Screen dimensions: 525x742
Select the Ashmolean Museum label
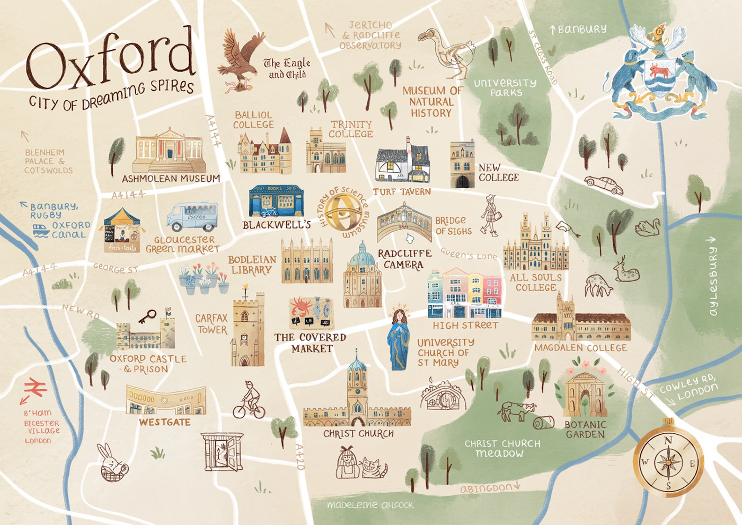click(171, 179)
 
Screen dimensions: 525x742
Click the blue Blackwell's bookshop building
click(276, 202)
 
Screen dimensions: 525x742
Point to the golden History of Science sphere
click(343, 212)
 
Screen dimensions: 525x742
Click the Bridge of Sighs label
click(453, 226)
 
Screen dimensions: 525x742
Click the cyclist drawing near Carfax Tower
click(249, 400)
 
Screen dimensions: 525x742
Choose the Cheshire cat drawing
click(374, 467)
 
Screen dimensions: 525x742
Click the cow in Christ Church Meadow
click(516, 411)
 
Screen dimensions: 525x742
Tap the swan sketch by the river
click(647, 227)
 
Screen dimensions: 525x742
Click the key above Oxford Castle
click(147, 317)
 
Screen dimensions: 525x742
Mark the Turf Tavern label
click(402, 191)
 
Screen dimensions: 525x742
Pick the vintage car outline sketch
click(604, 185)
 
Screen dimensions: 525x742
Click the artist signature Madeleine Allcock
click(370, 505)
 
